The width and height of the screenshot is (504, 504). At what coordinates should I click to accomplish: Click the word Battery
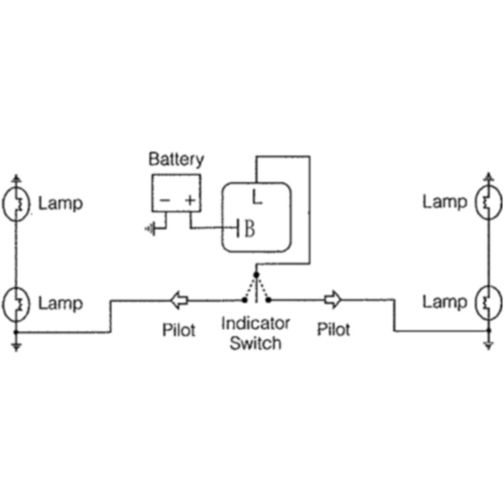coord(176,159)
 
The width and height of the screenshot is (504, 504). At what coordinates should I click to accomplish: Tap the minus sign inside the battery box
coord(165,200)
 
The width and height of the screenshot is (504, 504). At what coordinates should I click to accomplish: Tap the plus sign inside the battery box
coord(190,200)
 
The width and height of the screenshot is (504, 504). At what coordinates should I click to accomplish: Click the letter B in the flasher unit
coord(249,228)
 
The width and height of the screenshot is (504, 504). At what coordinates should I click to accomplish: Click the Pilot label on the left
coord(178,329)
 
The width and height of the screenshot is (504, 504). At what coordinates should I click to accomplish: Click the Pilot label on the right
coord(333,329)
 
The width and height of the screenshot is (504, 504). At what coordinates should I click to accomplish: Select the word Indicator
coord(255,323)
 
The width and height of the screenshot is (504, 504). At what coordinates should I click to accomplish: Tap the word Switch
coord(255,343)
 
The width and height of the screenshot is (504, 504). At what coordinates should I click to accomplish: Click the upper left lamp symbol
coord(16,203)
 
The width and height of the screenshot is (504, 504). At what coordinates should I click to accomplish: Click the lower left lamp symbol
coord(16,302)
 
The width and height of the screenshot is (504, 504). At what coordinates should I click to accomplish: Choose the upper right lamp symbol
coord(488,202)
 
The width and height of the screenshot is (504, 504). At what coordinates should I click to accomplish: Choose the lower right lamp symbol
coord(488,301)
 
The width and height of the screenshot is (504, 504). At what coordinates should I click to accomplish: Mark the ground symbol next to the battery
coord(151,228)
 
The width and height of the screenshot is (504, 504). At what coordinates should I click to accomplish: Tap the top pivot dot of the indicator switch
coord(256,273)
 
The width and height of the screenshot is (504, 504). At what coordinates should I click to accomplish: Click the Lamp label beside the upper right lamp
coord(444,202)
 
